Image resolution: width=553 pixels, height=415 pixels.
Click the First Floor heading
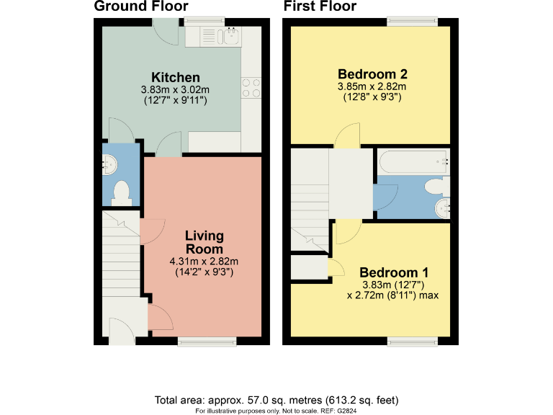(320, 7)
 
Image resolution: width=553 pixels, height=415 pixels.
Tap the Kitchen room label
(175, 78)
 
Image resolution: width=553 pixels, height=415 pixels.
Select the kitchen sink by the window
(223, 35)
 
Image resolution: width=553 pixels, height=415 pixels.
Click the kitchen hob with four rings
(251, 87)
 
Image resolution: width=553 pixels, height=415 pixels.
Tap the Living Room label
(204, 242)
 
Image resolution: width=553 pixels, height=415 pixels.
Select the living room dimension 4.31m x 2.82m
(204, 262)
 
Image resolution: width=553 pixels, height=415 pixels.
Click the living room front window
(207, 340)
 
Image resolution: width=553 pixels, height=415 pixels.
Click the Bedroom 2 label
(373, 74)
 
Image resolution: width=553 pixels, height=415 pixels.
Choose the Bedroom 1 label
(394, 273)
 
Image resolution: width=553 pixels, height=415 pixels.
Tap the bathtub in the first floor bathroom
(413, 161)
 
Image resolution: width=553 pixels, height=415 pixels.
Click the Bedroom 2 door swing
(349, 135)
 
